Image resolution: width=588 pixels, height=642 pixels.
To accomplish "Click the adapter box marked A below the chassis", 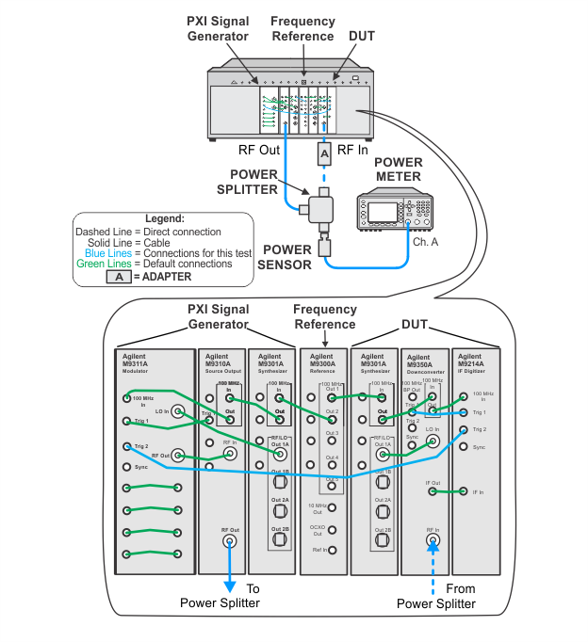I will pyautogui.click(x=323, y=152).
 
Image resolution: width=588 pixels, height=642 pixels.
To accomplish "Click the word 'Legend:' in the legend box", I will pyautogui.click(x=165, y=218).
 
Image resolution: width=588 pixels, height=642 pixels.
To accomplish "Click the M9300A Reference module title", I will pyautogui.click(x=323, y=361).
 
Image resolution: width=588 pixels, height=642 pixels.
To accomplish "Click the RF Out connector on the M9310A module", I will pyautogui.click(x=229, y=541).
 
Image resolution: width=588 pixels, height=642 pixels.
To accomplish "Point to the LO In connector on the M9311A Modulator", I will pyautogui.click(x=175, y=411).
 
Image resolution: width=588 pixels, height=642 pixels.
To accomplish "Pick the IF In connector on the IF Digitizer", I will pyautogui.click(x=463, y=491).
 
